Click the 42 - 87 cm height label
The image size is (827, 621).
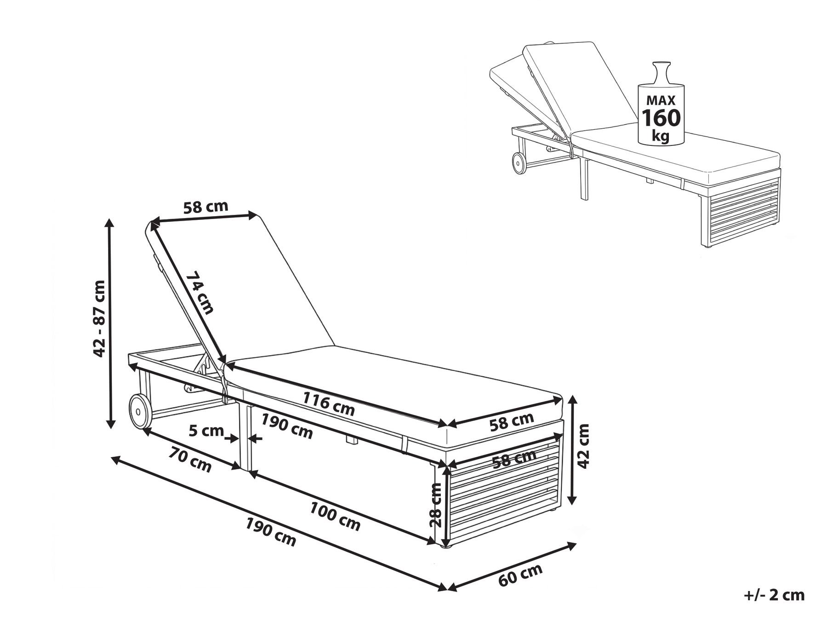coord(99,318)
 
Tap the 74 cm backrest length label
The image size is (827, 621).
coord(200,293)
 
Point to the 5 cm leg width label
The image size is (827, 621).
coord(206,431)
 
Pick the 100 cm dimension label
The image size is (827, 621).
coord(335,516)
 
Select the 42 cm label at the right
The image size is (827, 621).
coord(583,446)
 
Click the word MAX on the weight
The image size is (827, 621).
coord(661,100)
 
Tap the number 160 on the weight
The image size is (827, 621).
coord(661,118)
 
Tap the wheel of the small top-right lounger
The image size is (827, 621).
coord(519,163)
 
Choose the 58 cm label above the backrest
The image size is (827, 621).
coord(205,207)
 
